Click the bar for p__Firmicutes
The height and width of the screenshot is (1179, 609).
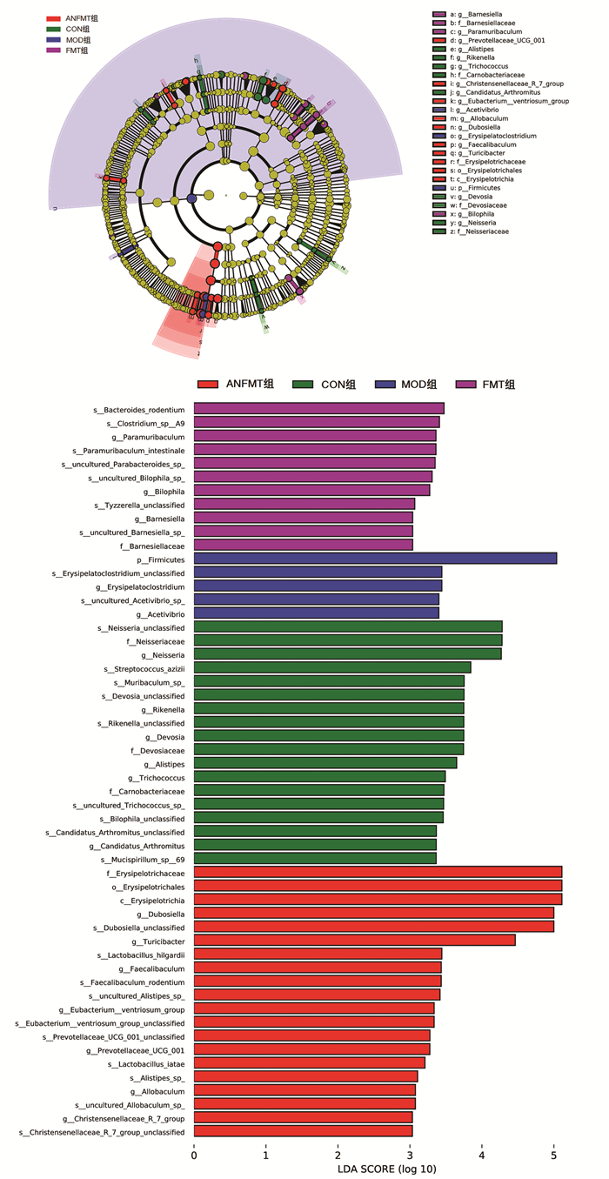[375, 559]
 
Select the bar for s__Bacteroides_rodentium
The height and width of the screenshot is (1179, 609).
[318, 408]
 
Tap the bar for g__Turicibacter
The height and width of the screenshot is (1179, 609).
[354, 940]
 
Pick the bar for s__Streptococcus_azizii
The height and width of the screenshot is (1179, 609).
[331, 667]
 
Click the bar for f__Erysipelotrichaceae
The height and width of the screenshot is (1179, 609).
[378, 872]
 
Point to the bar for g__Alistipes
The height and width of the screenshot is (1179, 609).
[325, 763]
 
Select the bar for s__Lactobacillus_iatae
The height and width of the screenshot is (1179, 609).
[309, 1063]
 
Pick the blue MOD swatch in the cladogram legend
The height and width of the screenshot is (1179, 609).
[53, 40]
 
